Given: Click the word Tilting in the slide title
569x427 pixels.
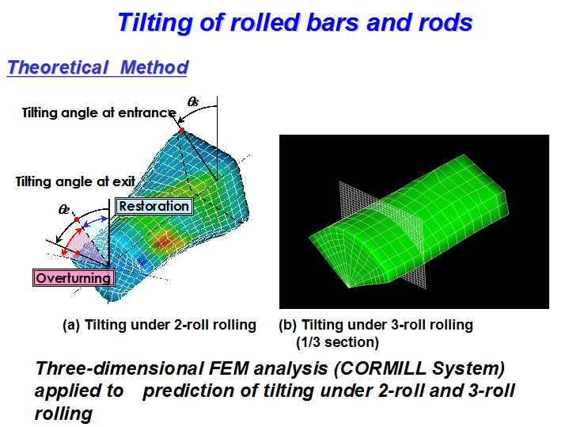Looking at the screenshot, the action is coord(157,23).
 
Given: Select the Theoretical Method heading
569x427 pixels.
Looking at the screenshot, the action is coord(97,67).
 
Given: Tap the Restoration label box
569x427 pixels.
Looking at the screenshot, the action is coord(154,206).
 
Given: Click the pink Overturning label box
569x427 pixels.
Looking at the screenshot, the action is coord(74,278).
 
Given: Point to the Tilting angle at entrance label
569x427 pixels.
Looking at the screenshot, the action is coord(99,112).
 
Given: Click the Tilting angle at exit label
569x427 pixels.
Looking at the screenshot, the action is coord(75,181).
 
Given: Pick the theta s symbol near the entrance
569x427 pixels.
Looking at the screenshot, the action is coord(192,101).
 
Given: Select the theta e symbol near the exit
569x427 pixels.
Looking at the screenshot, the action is coord(64,210).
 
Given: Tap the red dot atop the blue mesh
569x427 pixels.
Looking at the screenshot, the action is coord(182,130).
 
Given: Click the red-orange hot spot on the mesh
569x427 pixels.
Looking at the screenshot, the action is coord(164,242).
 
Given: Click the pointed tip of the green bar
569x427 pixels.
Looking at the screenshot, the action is coord(349,287).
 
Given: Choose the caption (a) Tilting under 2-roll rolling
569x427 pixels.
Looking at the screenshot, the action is coord(159,325).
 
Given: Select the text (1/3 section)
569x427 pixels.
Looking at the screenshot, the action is coord(337,342).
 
